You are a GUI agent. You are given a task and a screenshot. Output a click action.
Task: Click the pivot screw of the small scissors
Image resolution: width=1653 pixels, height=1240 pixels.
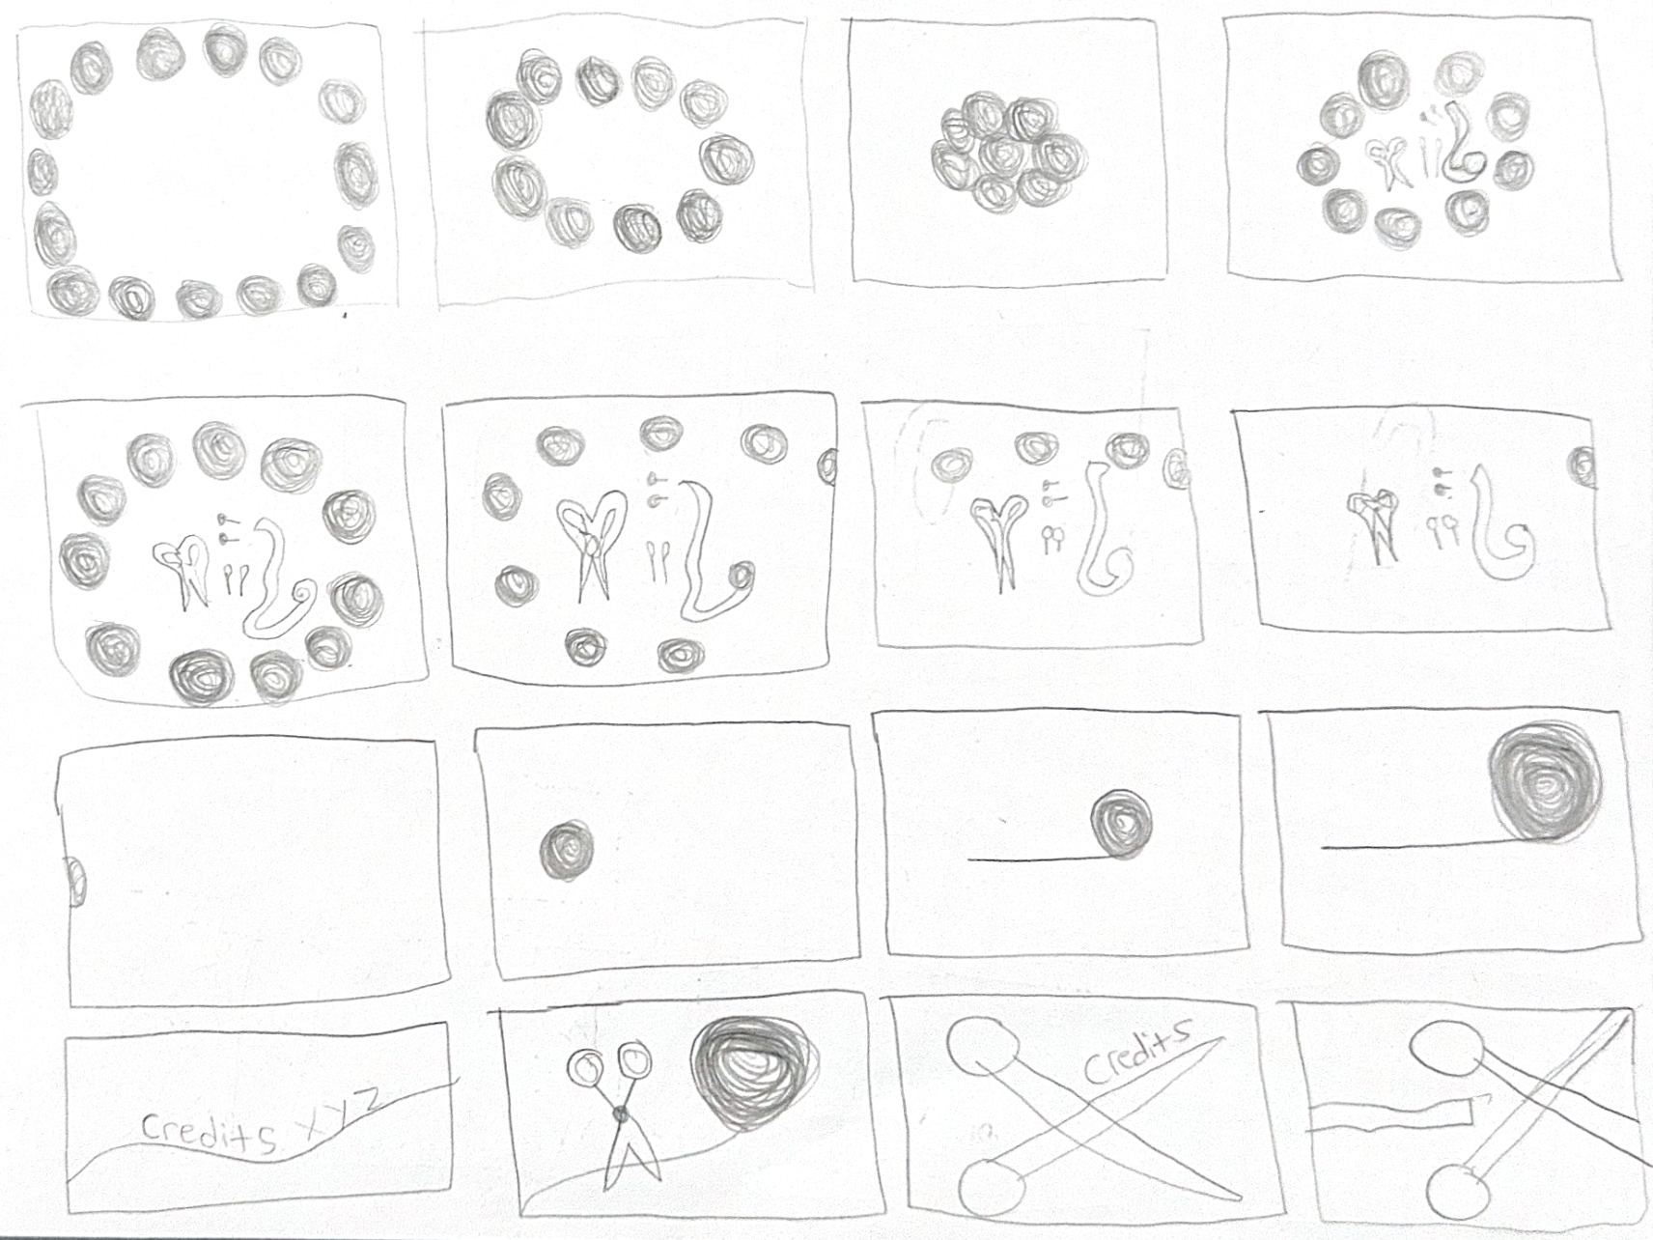(x=620, y=1114)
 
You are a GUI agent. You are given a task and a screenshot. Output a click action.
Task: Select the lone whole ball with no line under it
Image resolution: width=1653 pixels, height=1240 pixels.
(x=567, y=851)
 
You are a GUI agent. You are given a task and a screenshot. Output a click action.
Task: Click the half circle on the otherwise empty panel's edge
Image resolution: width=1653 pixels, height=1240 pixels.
(x=74, y=881)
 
